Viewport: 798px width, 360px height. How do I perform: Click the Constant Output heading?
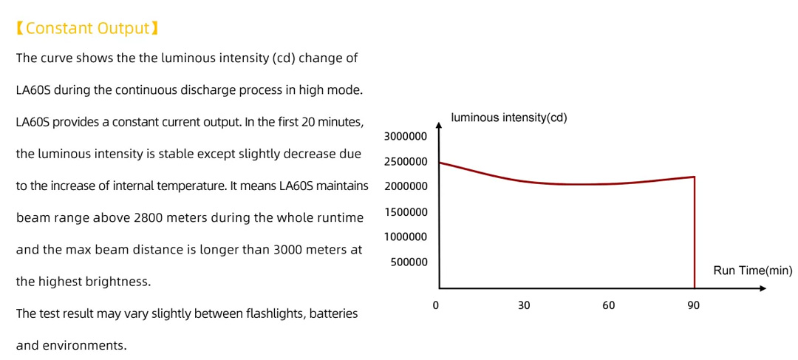click(87, 29)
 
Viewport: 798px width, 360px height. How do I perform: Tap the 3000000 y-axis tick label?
click(406, 137)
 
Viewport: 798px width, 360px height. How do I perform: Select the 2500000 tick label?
click(406, 162)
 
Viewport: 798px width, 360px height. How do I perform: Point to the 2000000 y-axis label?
click(406, 186)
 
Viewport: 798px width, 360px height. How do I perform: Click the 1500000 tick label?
click(406, 212)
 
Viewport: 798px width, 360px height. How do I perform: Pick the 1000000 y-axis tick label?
click(406, 237)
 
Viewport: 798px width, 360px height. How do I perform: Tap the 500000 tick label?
click(409, 262)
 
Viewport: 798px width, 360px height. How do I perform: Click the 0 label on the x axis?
click(436, 305)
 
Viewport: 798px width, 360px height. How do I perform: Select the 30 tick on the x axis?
click(524, 305)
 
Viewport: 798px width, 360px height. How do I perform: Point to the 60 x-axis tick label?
click(608, 305)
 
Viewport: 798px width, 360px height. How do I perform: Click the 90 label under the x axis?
click(693, 305)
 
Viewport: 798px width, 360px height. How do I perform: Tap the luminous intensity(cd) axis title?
click(508, 118)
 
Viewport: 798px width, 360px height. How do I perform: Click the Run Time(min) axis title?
click(752, 271)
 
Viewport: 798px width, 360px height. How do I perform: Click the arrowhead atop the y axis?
click(439, 127)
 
